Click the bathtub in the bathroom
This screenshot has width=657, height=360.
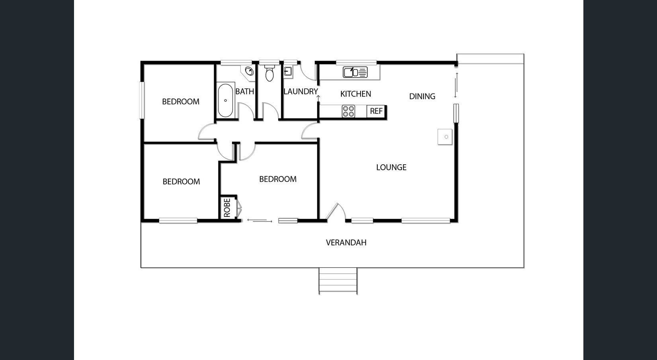pyautogui.click(x=225, y=100)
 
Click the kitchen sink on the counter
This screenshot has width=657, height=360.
pyautogui.click(x=355, y=72)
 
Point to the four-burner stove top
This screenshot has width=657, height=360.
pyautogui.click(x=349, y=111)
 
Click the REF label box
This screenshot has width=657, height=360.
pyautogui.click(x=376, y=111)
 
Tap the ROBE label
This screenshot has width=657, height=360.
pyautogui.click(x=227, y=208)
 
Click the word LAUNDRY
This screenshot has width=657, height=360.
pyautogui.click(x=300, y=91)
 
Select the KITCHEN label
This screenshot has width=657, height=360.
pyautogui.click(x=355, y=94)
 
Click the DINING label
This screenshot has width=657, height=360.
pyautogui.click(x=422, y=96)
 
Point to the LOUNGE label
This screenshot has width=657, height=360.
pyautogui.click(x=391, y=167)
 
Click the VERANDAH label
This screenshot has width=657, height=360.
pyautogui.click(x=346, y=243)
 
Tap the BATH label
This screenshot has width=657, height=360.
pyautogui.click(x=245, y=91)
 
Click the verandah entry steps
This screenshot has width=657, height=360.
pyautogui.click(x=338, y=280)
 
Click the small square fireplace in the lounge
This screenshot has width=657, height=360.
pyautogui.click(x=445, y=136)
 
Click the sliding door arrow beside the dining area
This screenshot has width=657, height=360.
pyautogui.click(x=456, y=85)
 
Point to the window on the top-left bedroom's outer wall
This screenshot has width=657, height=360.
pyautogui.click(x=142, y=100)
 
